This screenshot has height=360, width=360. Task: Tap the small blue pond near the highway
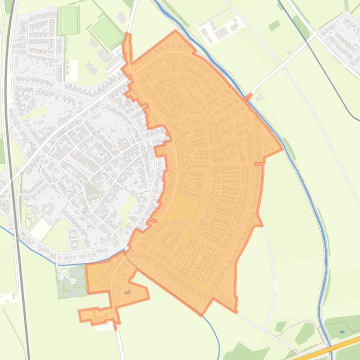pyautogui.click(x=343, y=332)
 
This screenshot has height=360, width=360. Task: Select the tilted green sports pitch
pyautogui.click(x=106, y=31)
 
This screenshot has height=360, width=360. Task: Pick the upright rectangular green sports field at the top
pyautogui.click(x=69, y=20)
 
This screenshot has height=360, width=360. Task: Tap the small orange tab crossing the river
pyautogui.click(x=248, y=98)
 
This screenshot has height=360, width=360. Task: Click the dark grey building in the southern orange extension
pyautogui.click(x=128, y=292)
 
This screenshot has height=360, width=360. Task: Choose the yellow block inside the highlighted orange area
pyautogui.click(x=186, y=206)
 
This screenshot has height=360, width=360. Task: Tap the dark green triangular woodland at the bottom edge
pyautogui.click(x=243, y=352)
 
